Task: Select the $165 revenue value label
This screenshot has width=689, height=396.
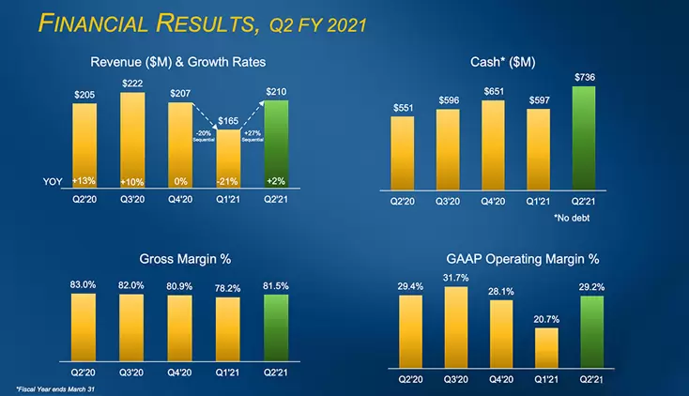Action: point(228,121)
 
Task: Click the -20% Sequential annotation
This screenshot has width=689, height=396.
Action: point(204,137)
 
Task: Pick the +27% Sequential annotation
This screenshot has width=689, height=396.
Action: point(253,137)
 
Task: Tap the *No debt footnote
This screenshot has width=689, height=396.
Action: point(574,218)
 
